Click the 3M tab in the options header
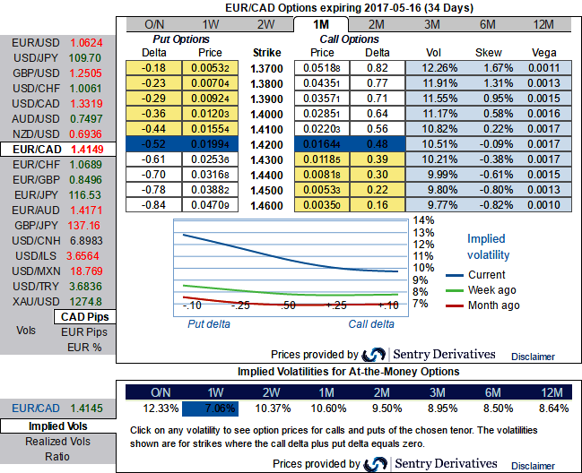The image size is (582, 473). pyautogui.click(x=432, y=24)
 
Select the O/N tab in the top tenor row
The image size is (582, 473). pyautogui.click(x=153, y=24)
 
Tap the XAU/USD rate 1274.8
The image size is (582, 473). pyautogui.click(x=85, y=301)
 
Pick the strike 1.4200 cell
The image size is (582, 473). pyautogui.click(x=266, y=143)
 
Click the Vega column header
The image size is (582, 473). pyautogui.click(x=544, y=52)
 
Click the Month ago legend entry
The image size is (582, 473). pyautogui.click(x=493, y=305)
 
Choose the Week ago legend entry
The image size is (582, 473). pyautogui.click(x=492, y=290)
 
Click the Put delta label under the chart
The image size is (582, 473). pyautogui.click(x=208, y=324)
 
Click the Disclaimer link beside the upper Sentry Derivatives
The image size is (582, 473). pyautogui.click(x=533, y=356)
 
